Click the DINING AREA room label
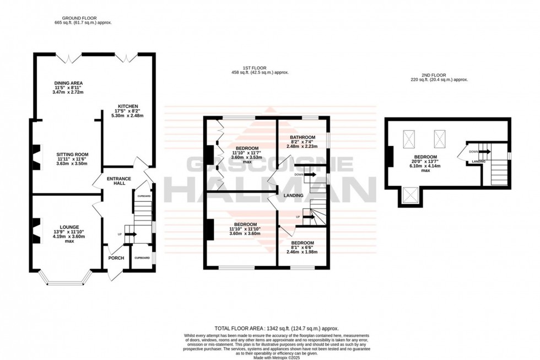click(69, 83)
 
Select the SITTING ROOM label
click(72, 154)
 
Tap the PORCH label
click(116, 258)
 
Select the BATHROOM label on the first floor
click(303, 137)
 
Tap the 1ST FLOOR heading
click(261, 68)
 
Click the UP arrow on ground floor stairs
click(130, 234)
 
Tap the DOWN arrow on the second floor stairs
click(484, 152)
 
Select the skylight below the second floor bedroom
click(408, 195)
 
